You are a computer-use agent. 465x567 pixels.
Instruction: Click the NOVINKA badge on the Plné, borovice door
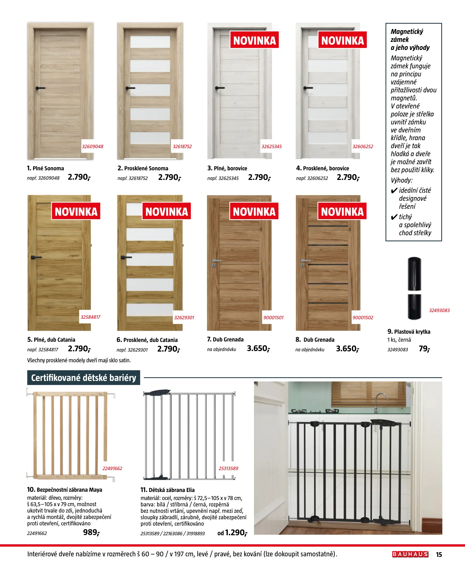coord(254,40)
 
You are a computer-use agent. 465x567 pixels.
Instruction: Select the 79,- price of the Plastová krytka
coord(424,349)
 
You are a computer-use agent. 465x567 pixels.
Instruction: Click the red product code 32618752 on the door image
coord(182,147)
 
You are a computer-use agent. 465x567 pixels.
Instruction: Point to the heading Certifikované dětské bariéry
coord(84,377)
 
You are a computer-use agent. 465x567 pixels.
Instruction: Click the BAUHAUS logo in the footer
coord(410,554)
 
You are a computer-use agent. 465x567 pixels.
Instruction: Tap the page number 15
coord(439,554)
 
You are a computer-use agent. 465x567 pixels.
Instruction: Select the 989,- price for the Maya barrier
coord(91,532)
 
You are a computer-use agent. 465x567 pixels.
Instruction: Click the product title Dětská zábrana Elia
coord(168,490)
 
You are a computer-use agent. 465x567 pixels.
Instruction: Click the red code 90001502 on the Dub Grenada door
coord(363,317)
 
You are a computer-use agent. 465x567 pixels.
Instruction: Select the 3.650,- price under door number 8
coord(347,349)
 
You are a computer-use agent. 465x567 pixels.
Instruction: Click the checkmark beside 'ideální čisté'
coord(394,191)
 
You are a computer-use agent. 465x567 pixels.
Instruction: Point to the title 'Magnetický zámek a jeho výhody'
coord(410,40)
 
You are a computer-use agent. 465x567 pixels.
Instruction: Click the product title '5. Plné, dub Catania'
coord(51,340)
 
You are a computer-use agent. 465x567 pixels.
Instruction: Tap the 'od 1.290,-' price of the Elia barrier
coord(232,533)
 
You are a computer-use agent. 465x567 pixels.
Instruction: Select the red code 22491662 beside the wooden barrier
coord(112,468)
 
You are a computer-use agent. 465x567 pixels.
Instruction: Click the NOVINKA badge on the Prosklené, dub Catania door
coord(166,211)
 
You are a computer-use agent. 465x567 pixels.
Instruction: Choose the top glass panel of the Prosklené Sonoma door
coord(150,42)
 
